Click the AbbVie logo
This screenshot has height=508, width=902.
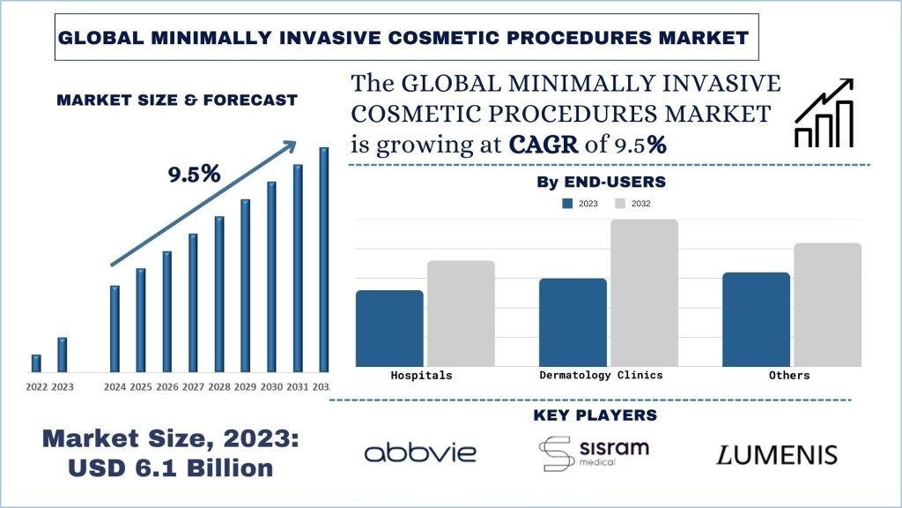(x=420, y=453)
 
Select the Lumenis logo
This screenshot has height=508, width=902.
(x=775, y=455)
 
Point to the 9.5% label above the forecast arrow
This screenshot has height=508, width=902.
(x=194, y=174)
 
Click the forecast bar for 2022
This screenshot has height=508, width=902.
(x=36, y=362)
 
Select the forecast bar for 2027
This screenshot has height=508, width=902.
(x=193, y=302)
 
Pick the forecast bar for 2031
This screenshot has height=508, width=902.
(x=298, y=267)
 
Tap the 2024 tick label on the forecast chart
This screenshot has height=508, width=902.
(x=115, y=387)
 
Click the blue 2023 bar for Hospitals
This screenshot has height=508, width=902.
(x=389, y=328)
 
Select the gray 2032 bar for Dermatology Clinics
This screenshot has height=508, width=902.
(x=644, y=292)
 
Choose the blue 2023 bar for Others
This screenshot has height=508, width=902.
(x=757, y=318)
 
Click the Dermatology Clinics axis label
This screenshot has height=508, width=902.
(x=601, y=375)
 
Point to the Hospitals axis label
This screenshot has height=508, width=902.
(x=421, y=375)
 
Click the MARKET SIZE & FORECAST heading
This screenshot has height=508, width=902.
(x=176, y=100)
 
